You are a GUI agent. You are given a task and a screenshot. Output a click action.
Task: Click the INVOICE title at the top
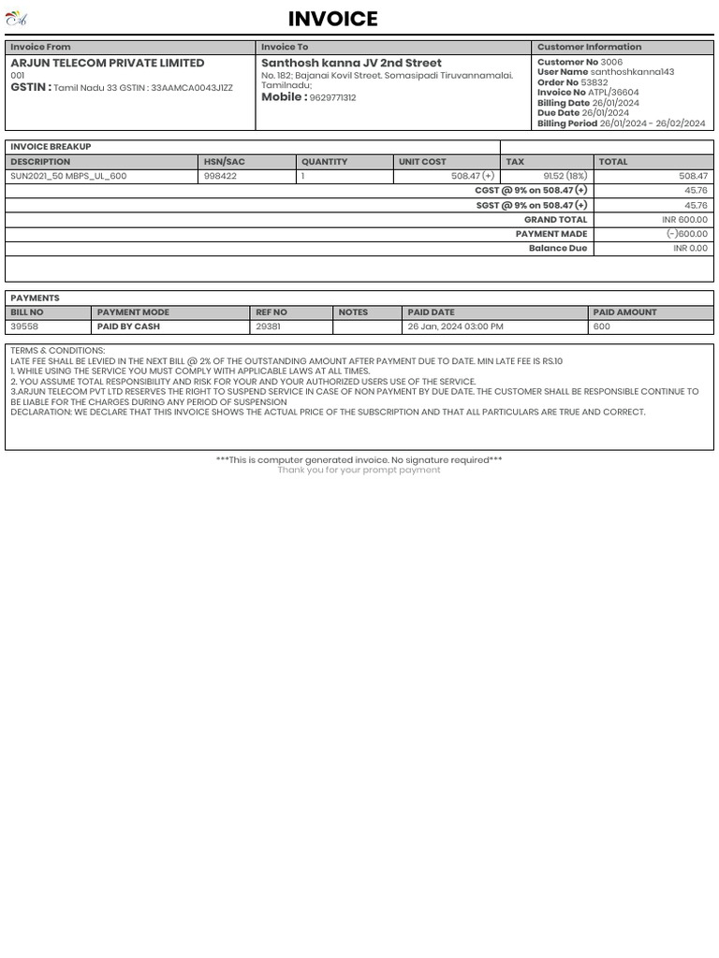click(332, 19)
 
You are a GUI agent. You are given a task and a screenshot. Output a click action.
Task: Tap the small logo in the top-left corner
click(16, 18)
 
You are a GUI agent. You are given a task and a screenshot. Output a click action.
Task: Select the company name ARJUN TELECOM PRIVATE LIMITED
click(107, 63)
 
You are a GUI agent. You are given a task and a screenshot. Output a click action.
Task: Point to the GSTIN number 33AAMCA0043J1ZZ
click(192, 88)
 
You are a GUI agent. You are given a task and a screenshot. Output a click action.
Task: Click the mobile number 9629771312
click(332, 98)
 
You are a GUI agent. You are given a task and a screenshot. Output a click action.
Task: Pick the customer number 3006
click(611, 62)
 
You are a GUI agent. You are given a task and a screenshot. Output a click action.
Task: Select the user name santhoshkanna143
click(632, 72)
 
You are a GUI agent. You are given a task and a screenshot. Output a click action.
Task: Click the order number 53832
click(594, 82)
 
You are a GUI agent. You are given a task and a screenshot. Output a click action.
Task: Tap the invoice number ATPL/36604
click(613, 93)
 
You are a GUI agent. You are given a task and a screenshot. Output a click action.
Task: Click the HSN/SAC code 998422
click(220, 176)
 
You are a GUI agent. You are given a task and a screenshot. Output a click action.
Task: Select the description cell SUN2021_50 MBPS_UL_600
click(68, 176)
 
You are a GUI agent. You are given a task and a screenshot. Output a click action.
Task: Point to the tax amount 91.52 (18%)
click(565, 176)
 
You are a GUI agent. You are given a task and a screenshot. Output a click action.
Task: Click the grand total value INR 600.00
click(684, 220)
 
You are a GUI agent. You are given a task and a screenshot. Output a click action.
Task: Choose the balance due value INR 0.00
click(690, 249)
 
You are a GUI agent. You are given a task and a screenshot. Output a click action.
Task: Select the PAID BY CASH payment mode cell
click(128, 327)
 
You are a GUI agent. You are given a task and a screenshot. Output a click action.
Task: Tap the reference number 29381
click(268, 327)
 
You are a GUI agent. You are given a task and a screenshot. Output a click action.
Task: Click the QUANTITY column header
click(324, 162)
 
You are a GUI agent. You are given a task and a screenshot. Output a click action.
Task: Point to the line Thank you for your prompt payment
click(359, 470)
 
